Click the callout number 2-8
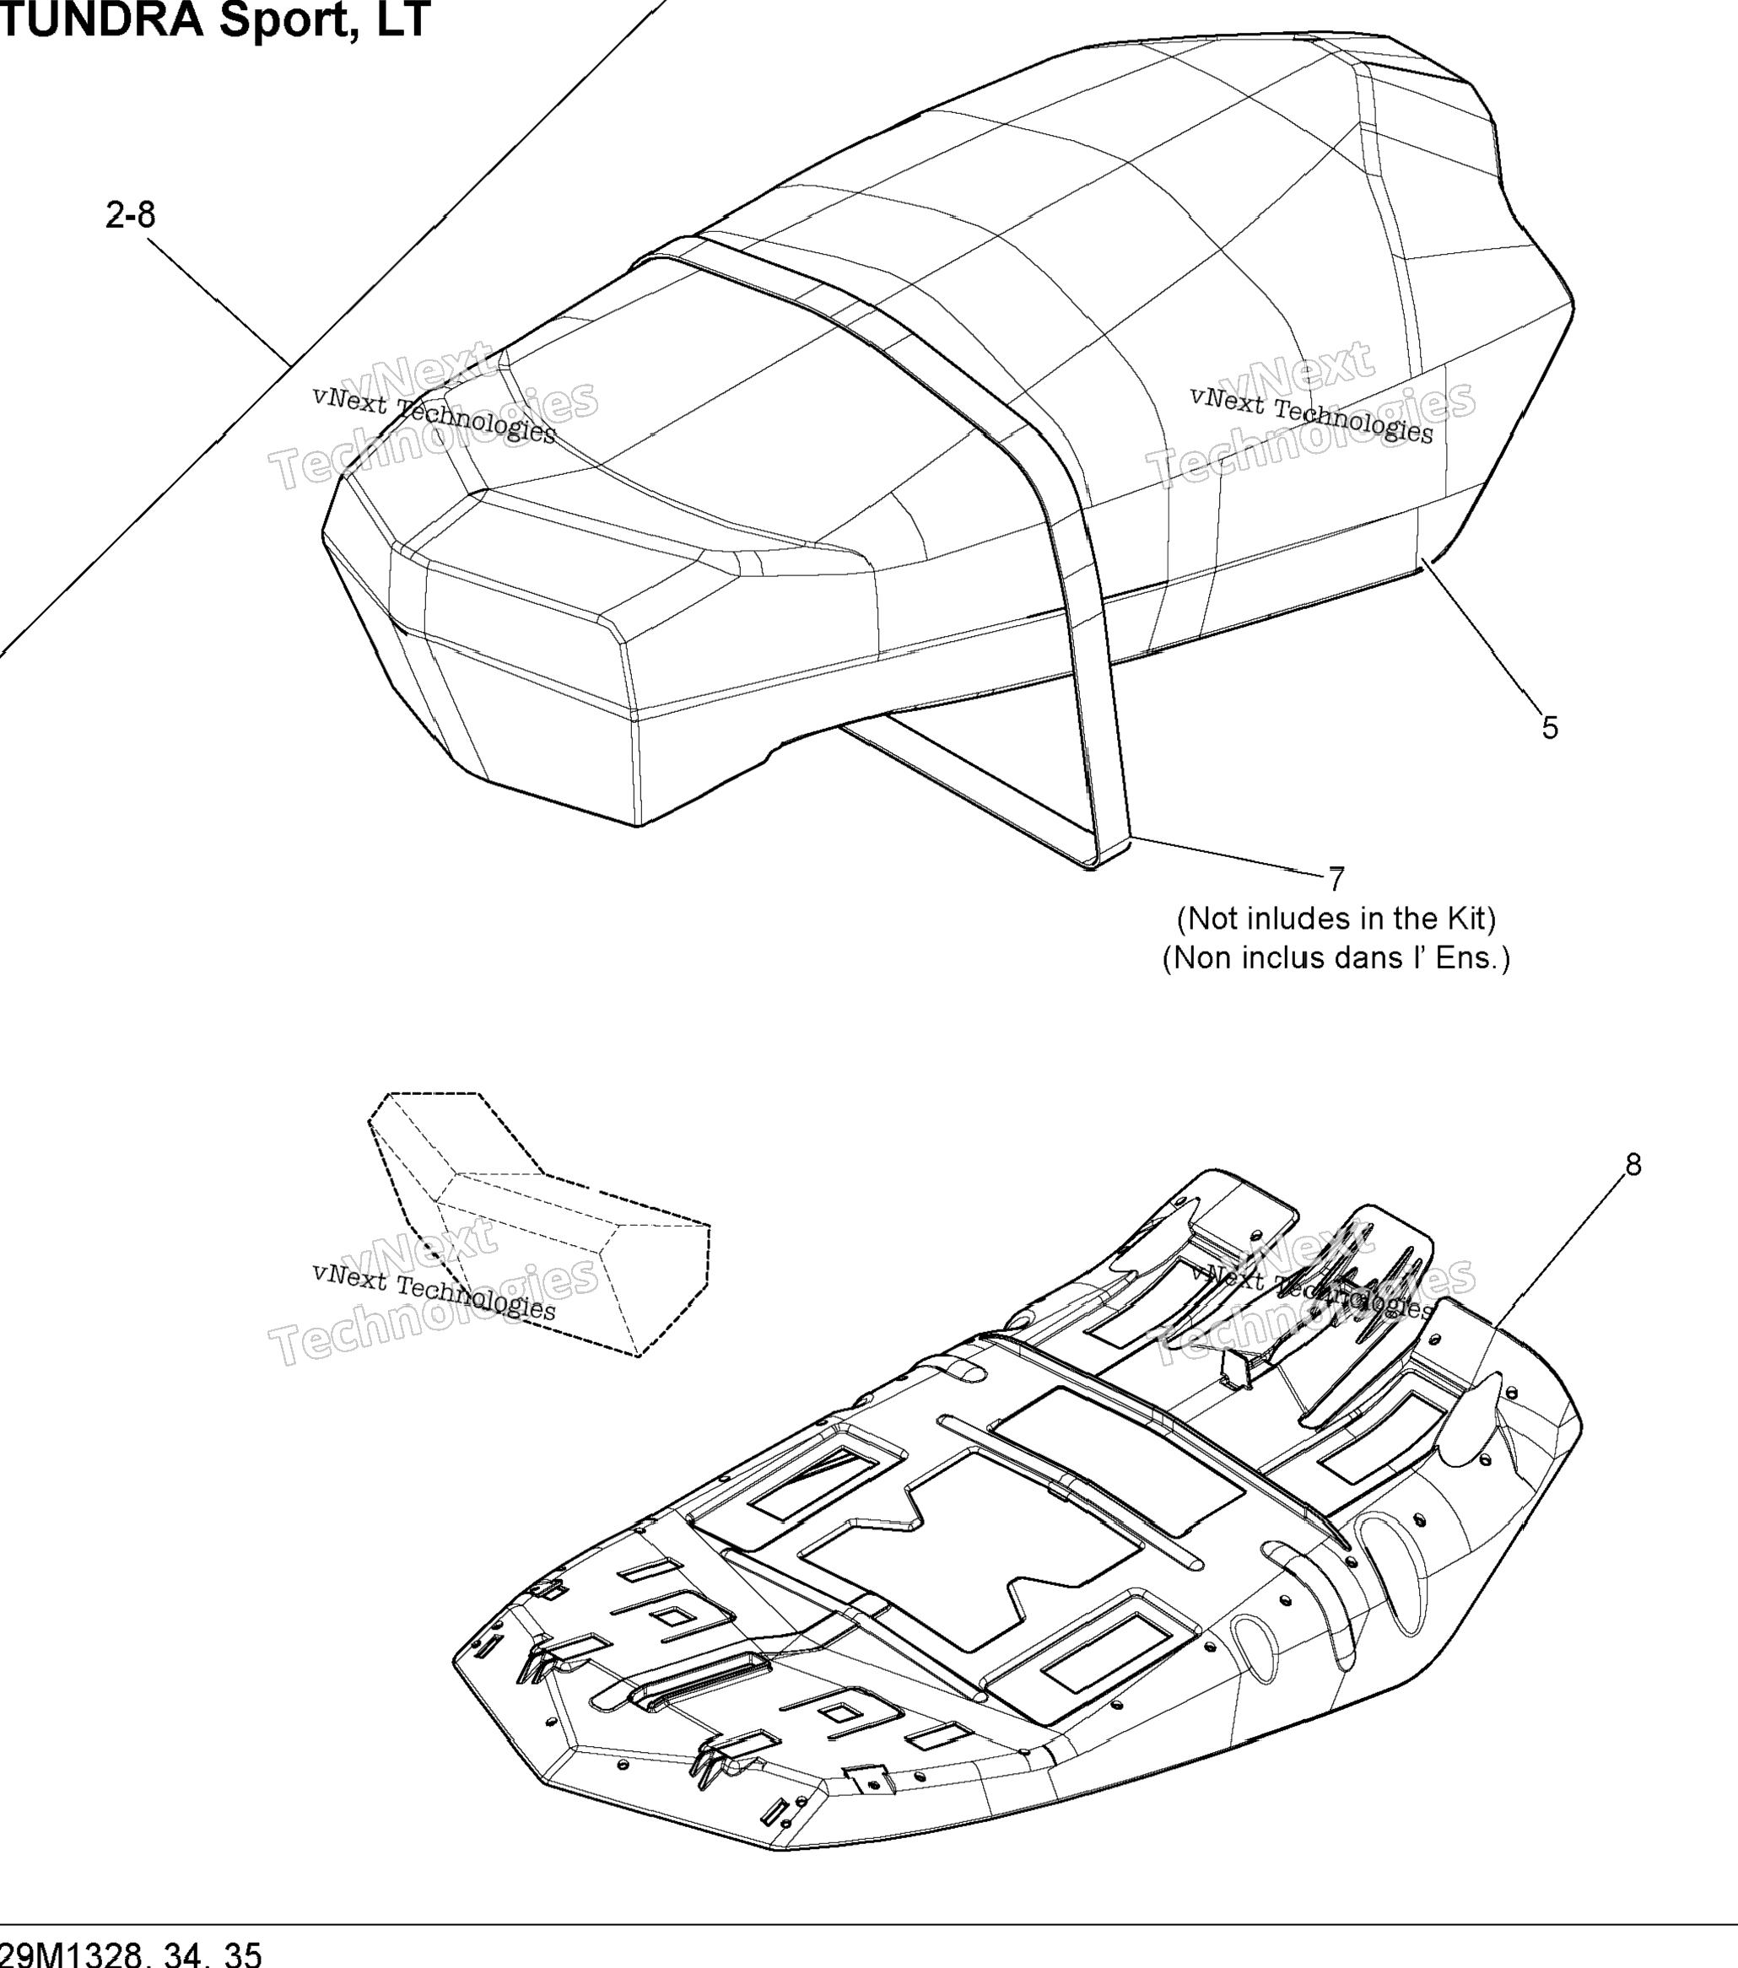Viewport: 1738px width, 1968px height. pyautogui.click(x=130, y=215)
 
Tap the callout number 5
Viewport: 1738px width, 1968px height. pyautogui.click(x=1549, y=728)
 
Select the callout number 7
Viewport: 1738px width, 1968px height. pyautogui.click(x=1336, y=879)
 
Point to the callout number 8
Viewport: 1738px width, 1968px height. pyautogui.click(x=1633, y=1165)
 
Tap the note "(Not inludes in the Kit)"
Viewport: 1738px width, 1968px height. pyautogui.click(x=1336, y=919)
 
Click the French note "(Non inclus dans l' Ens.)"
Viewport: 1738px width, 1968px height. pyautogui.click(x=1336, y=958)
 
